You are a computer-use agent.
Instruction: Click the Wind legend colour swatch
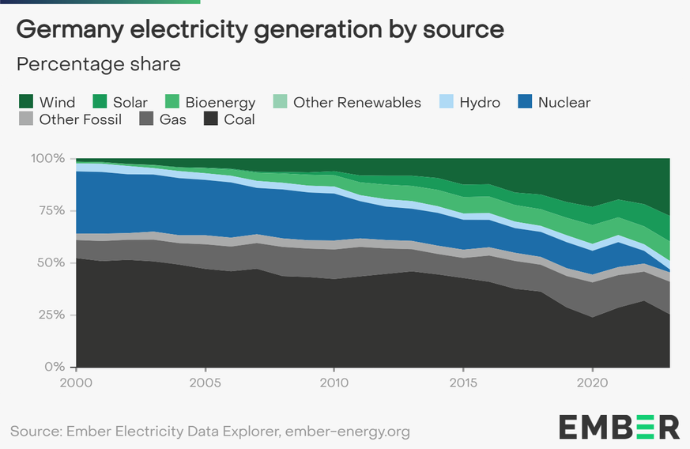coord(25,102)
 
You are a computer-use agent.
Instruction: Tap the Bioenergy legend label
coord(221,102)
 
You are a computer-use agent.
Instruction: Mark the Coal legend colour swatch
coord(211,119)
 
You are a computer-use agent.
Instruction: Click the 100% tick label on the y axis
coord(47,158)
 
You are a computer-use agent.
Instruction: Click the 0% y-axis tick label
coord(55,367)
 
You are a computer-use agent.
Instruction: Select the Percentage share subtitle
coord(99,63)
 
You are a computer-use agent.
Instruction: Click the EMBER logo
coord(619,426)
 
